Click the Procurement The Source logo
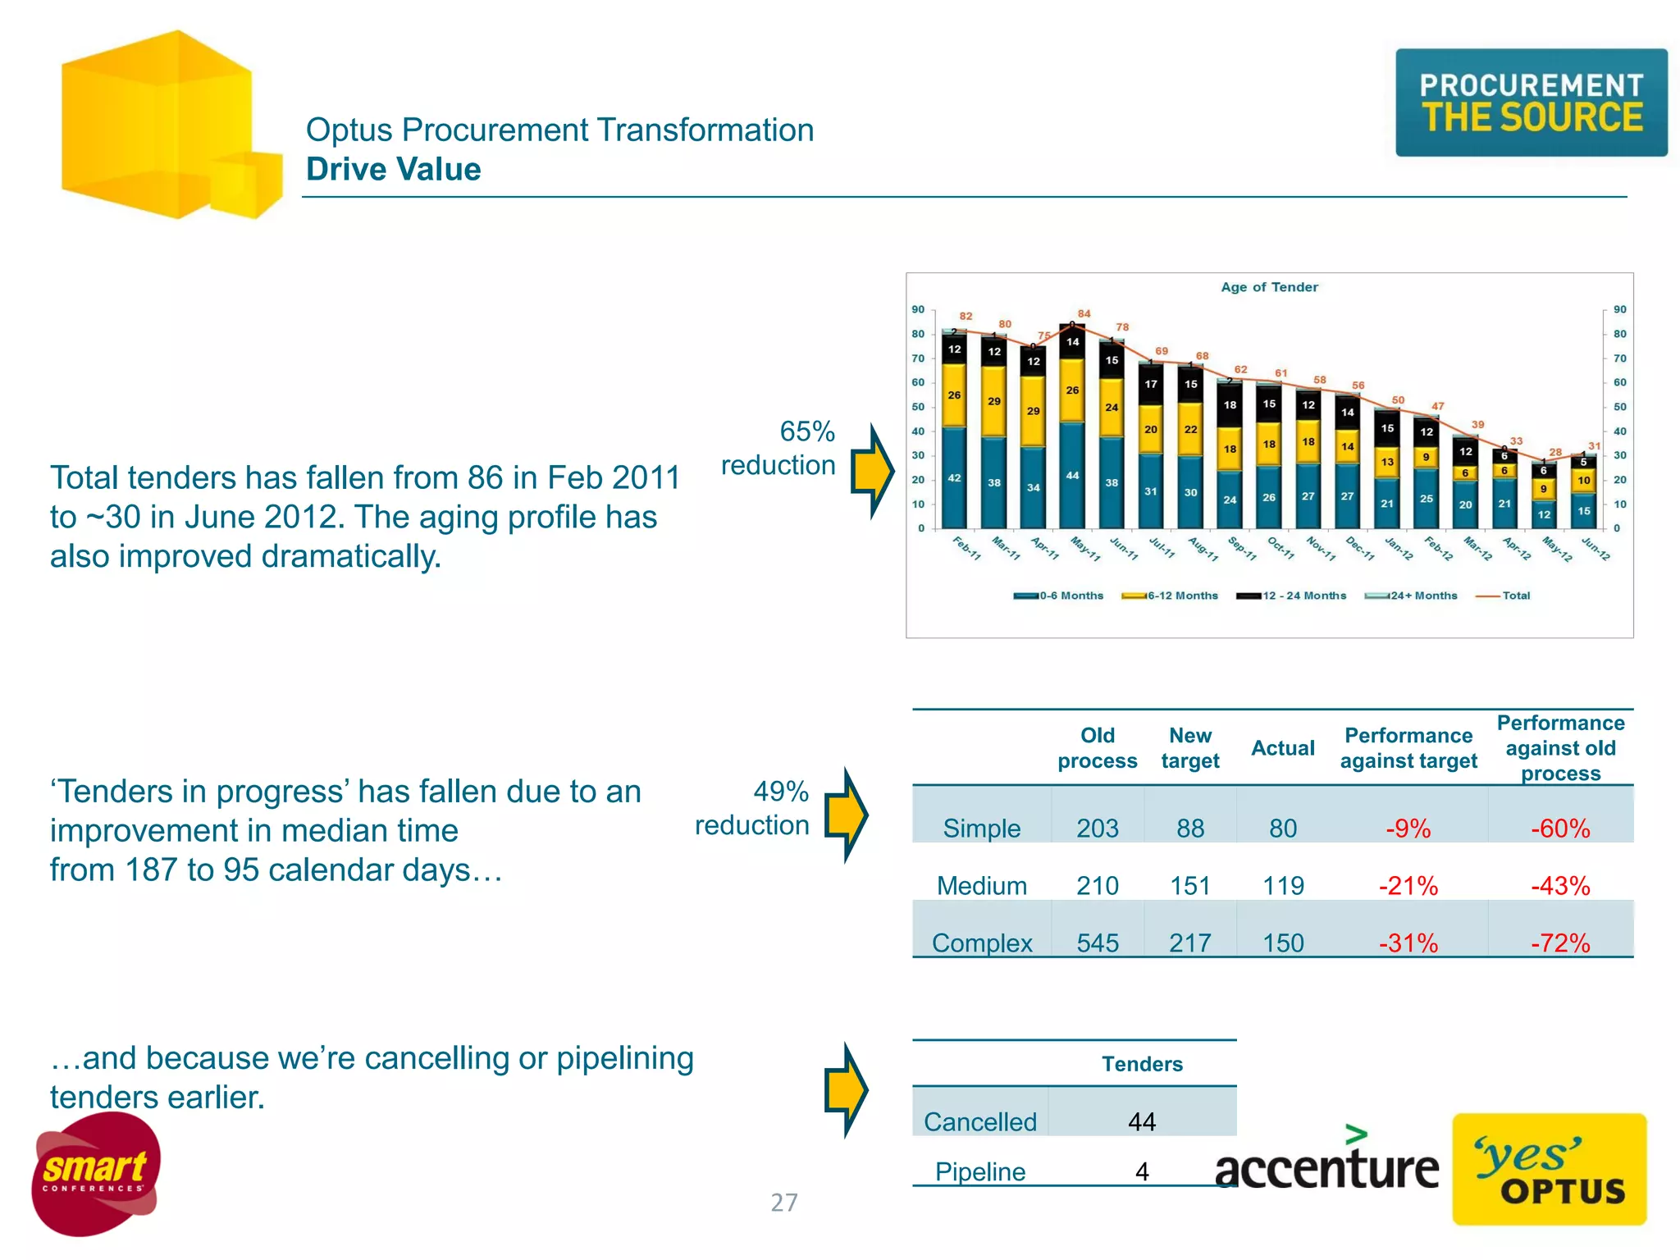1531,103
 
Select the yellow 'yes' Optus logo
1549,1169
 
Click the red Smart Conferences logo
96,1174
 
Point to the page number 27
783,1203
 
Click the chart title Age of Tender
1269,287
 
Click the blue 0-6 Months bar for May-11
1072,475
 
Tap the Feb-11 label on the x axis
967,548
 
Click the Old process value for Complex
1097,943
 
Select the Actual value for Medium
1283,886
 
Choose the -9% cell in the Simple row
1408,829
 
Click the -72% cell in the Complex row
1560,943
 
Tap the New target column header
1189,747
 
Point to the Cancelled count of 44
1142,1121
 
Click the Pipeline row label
980,1171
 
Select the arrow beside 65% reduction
872,471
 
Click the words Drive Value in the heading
394,169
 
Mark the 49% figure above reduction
781,792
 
